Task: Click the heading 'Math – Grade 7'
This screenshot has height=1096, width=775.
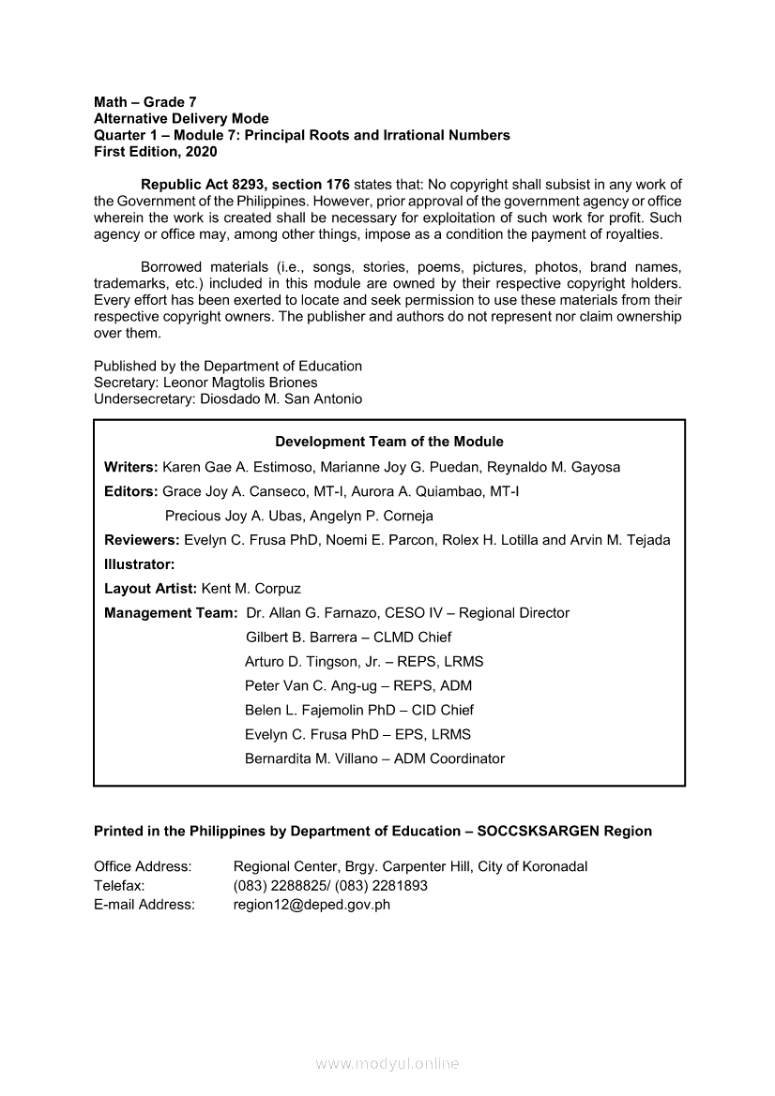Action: [145, 101]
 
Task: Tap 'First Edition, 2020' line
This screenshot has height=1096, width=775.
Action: [155, 152]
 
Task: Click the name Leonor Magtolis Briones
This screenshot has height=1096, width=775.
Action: [240, 383]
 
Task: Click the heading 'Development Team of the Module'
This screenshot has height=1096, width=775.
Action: [388, 442]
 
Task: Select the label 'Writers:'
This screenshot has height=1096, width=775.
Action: [131, 467]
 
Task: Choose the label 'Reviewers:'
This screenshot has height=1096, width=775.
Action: [142, 540]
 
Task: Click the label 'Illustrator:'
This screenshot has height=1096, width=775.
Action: [140, 564]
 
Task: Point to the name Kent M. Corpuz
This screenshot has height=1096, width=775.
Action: [251, 589]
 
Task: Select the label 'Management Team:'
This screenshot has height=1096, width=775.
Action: [170, 613]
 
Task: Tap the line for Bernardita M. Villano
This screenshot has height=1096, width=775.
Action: [374, 758]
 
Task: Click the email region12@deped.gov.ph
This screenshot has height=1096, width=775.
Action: [312, 905]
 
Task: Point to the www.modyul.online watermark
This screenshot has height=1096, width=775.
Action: [387, 1064]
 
